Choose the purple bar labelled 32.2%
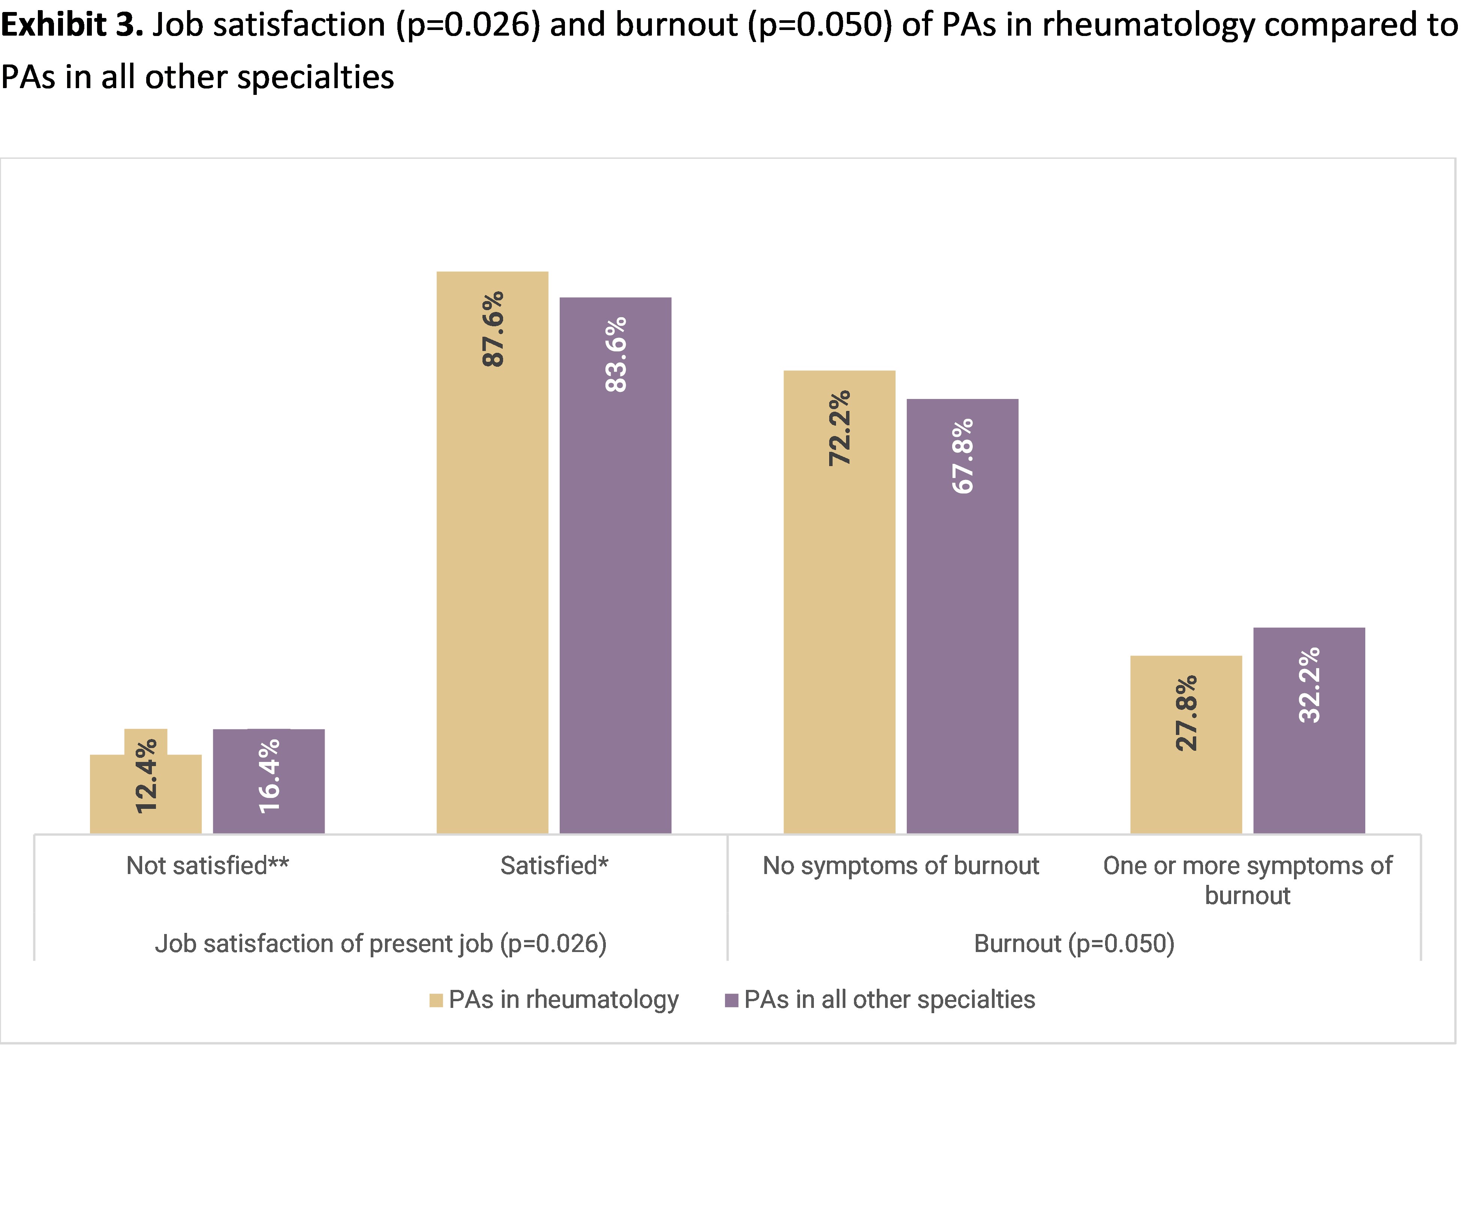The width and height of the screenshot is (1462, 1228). coord(1309,766)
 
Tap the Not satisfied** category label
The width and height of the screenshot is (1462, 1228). coord(207,866)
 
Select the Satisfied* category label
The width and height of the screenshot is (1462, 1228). coord(554,866)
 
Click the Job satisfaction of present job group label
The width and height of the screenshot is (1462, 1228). coord(381,944)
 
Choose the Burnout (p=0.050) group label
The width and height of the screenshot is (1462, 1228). coord(1074,944)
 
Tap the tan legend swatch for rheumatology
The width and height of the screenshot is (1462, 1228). coord(436,1001)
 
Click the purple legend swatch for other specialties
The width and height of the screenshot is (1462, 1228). coord(731,1001)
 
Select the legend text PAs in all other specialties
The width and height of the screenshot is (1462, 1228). coord(890,1000)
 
